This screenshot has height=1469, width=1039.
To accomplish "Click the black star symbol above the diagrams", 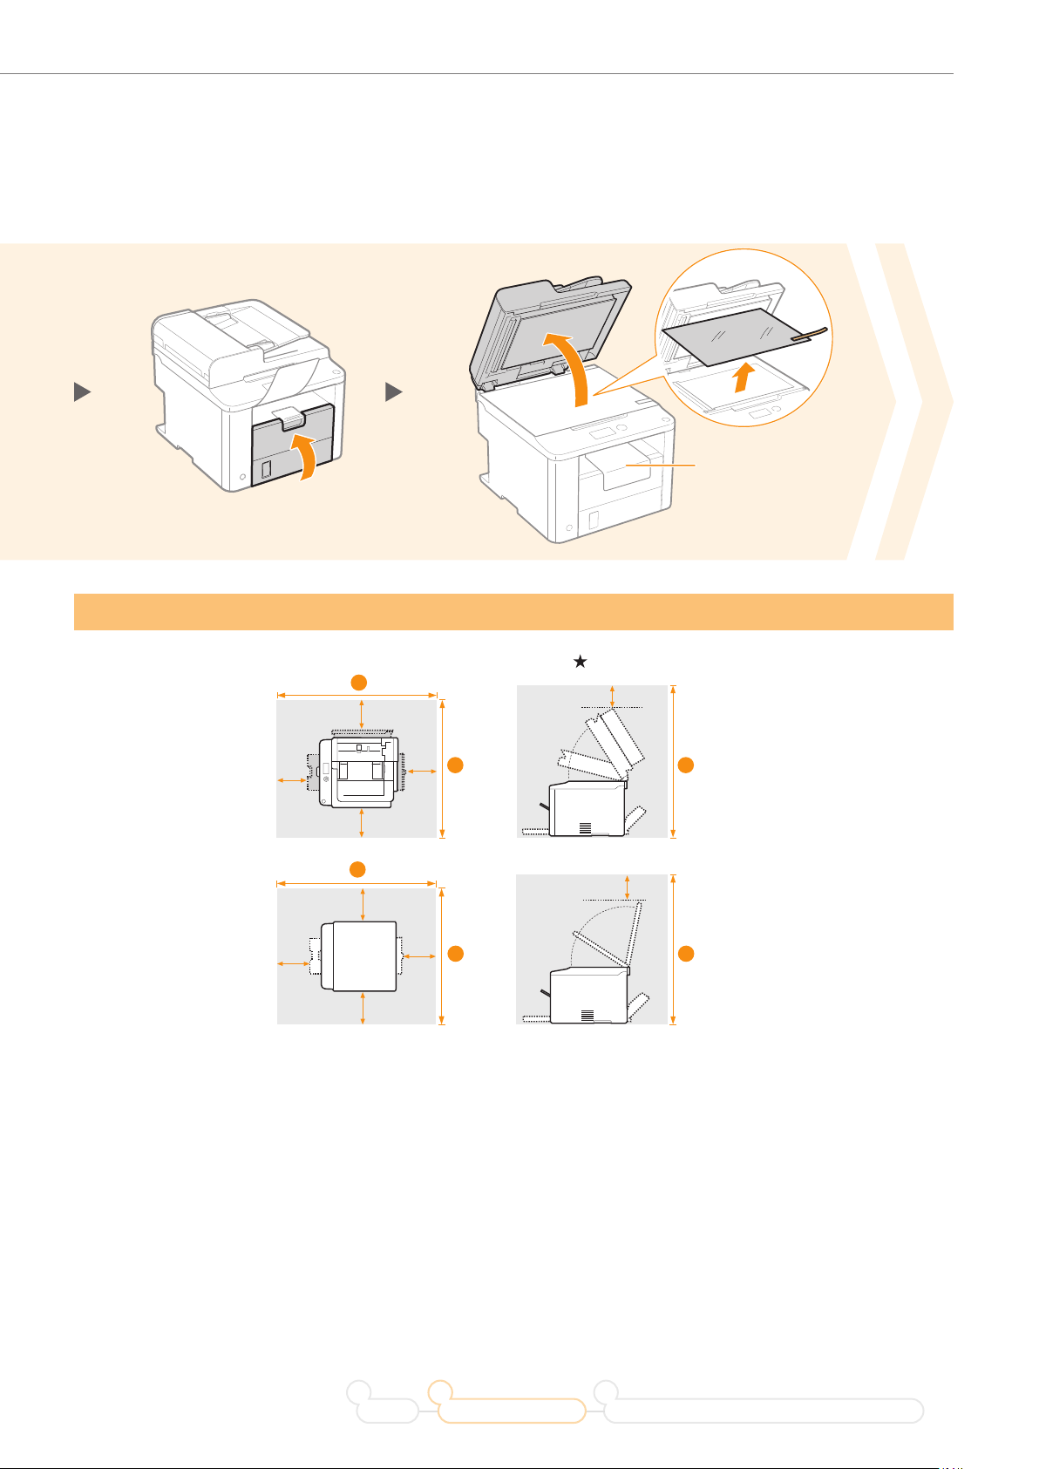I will click(x=580, y=663).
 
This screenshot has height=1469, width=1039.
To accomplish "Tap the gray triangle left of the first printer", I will click(x=82, y=393).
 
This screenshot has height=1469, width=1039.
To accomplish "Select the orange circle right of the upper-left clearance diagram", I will click(x=455, y=765).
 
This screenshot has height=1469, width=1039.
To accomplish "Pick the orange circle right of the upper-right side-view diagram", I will click(x=686, y=765).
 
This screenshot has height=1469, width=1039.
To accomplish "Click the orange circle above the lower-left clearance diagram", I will click(x=356, y=869).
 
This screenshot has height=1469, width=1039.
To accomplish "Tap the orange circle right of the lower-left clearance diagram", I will click(x=455, y=954).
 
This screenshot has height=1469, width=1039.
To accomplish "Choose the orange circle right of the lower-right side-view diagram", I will click(x=686, y=954).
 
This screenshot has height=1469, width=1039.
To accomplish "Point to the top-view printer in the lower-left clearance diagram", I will click(x=359, y=956).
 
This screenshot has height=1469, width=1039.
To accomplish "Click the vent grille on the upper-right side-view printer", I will click(x=585, y=827).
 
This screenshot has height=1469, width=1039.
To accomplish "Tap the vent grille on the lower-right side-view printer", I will click(x=587, y=1016).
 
